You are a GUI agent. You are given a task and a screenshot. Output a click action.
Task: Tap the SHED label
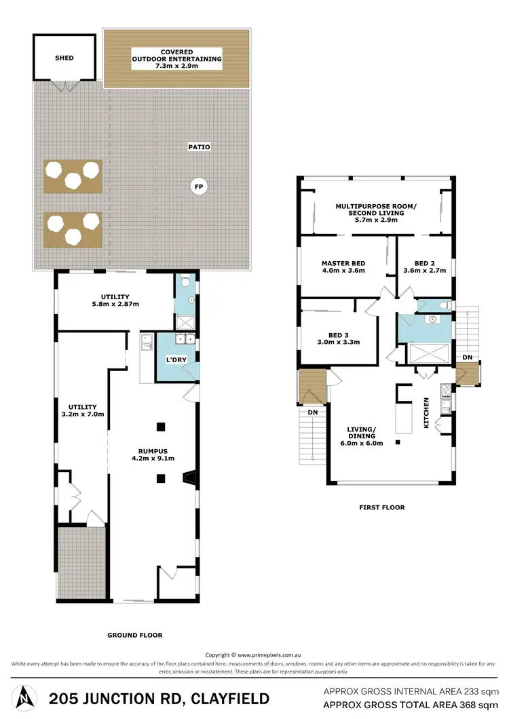click(x=64, y=58)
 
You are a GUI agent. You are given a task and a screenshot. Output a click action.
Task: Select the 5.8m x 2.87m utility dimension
click(x=115, y=305)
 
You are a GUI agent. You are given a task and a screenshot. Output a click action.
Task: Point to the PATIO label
click(x=200, y=147)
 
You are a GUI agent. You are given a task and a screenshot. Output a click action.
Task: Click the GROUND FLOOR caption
click(x=134, y=636)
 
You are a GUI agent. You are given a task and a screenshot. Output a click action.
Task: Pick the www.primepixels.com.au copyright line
click(x=254, y=655)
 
